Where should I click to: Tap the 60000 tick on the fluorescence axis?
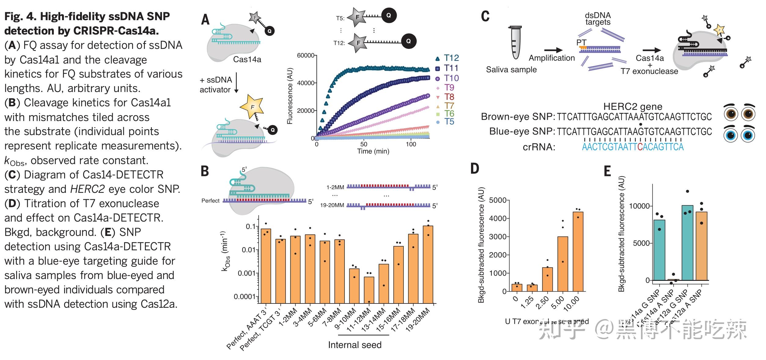(x=305, y=55)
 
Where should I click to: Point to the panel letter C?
(x=485, y=17)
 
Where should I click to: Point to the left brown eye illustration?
(x=731, y=114)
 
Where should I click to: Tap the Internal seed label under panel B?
(x=355, y=345)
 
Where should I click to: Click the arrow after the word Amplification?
(x=553, y=50)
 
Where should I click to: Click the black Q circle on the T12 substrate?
(x=408, y=41)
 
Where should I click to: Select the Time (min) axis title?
(x=373, y=151)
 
